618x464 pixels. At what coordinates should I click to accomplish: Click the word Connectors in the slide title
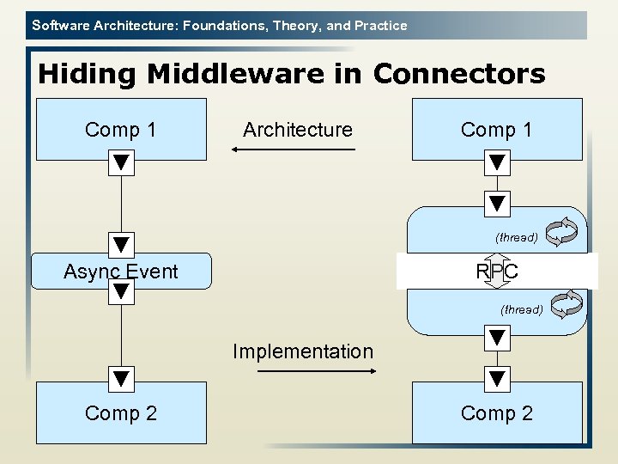pyautogui.click(x=459, y=74)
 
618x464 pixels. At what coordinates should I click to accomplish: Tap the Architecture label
pyautogui.click(x=297, y=130)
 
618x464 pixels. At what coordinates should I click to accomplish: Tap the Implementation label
pyautogui.click(x=303, y=351)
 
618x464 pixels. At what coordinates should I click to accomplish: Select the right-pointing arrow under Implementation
pyautogui.click(x=318, y=371)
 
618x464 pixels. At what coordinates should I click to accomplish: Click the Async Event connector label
pyautogui.click(x=121, y=272)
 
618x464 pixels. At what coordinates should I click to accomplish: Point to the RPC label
pyautogui.click(x=497, y=272)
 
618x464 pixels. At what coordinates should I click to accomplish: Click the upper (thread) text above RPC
pyautogui.click(x=516, y=237)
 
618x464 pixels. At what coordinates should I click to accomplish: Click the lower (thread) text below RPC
pyautogui.click(x=521, y=309)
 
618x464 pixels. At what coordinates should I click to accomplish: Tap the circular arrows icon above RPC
pyautogui.click(x=562, y=229)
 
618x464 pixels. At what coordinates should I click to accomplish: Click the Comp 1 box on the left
pyautogui.click(x=121, y=129)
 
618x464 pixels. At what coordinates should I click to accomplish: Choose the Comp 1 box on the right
pyautogui.click(x=497, y=129)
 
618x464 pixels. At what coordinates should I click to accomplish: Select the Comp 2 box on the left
pyautogui.click(x=121, y=412)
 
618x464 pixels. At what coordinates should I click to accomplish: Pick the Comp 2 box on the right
pyautogui.click(x=497, y=412)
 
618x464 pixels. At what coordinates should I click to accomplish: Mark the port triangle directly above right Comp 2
pyautogui.click(x=497, y=378)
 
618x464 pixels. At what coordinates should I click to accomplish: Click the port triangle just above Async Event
pyautogui.click(x=121, y=245)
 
